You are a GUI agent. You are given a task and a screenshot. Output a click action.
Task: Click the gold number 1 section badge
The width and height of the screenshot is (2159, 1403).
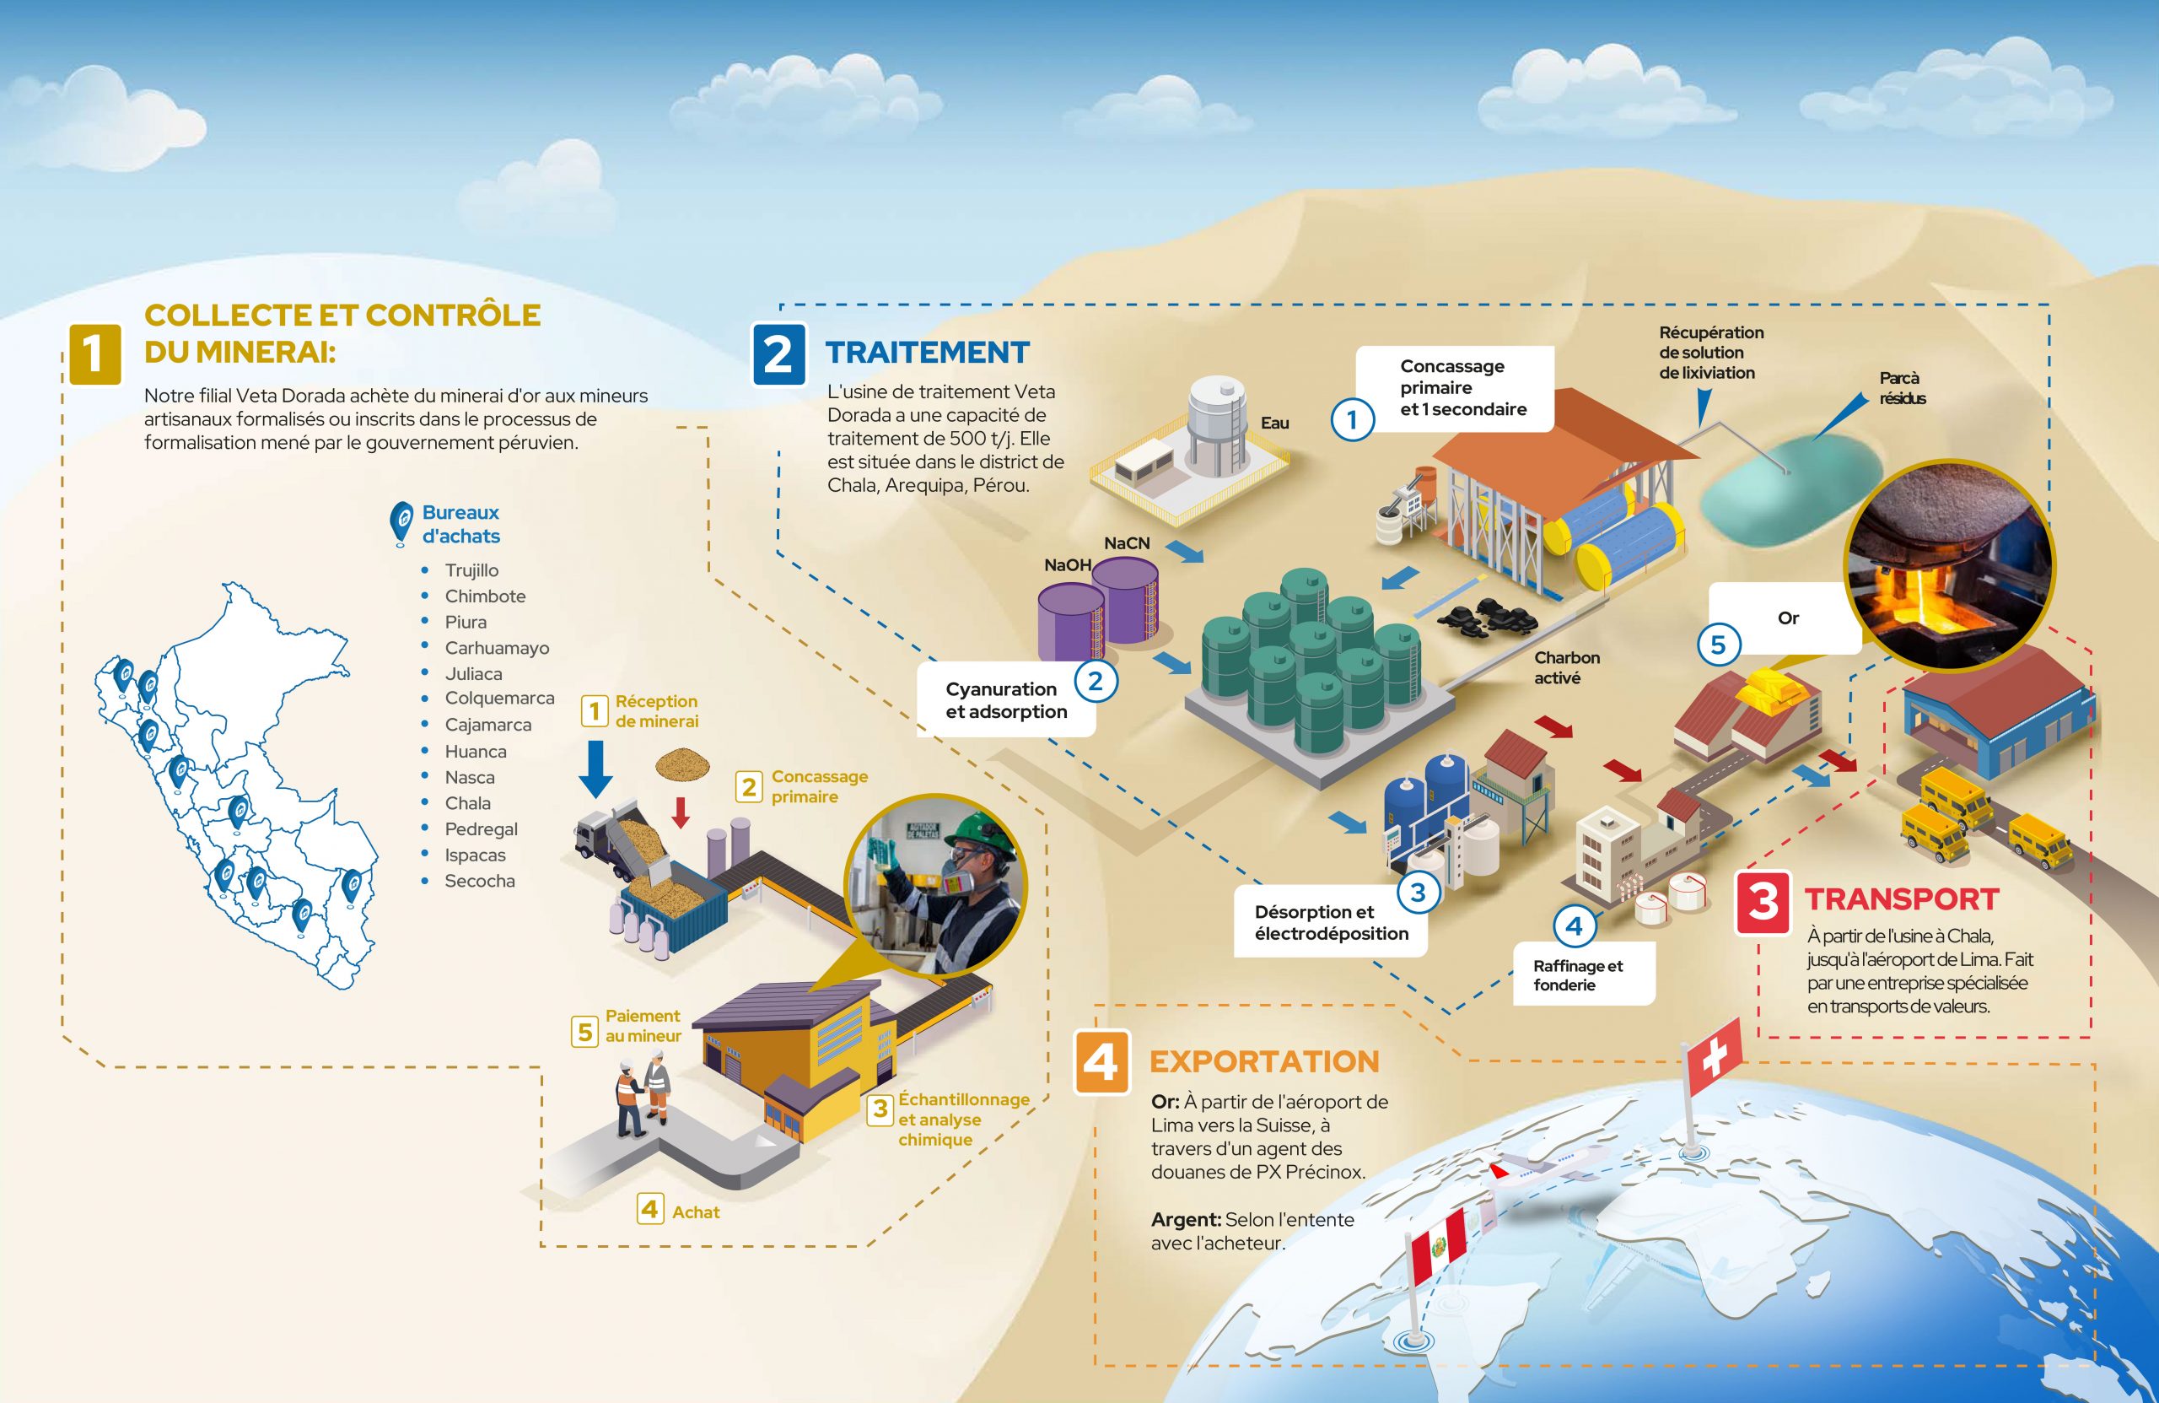pos(94,354)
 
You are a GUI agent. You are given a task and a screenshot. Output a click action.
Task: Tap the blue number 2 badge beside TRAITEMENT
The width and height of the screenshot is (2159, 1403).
pos(778,354)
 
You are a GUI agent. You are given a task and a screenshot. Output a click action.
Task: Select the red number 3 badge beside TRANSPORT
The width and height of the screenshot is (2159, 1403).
pos(1763,902)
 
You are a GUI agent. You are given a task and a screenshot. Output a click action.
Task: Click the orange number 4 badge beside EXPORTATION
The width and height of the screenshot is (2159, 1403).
pos(1101,1062)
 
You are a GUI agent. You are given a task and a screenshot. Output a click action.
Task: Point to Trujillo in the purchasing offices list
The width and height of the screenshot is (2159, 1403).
pos(471,570)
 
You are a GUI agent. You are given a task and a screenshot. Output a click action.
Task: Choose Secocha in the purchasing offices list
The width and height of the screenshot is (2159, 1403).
pos(479,880)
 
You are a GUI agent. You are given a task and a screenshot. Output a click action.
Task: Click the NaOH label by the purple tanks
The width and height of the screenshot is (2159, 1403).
pos(1067,564)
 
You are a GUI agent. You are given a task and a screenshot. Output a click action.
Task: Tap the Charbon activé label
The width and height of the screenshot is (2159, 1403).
pos(1567,667)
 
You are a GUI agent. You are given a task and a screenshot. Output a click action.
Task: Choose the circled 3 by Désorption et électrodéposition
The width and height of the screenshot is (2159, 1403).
pos(1418,893)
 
